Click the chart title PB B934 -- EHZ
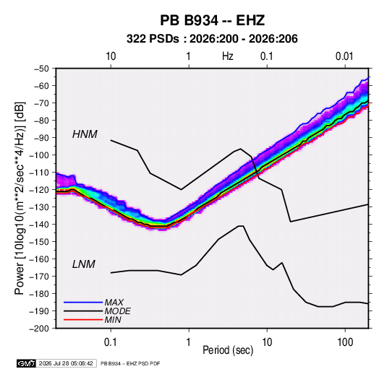[x=212, y=20]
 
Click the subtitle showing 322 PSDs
[x=212, y=39]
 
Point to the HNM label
[x=85, y=134]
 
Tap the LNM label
[x=83, y=264]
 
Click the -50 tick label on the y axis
[x=41, y=69]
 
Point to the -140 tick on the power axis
[x=39, y=225]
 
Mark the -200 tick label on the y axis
[x=39, y=329]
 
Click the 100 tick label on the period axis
[x=345, y=342]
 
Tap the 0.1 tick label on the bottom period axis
[x=111, y=342]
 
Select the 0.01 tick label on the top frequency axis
[x=344, y=56]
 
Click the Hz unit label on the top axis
[x=228, y=56]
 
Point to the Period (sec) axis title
[x=228, y=350]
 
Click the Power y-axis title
[x=20, y=199]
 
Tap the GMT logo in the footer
[x=27, y=363]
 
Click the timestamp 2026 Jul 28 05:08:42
[x=66, y=363]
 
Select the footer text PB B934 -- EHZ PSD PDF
[x=130, y=363]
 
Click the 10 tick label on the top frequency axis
[x=111, y=56]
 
